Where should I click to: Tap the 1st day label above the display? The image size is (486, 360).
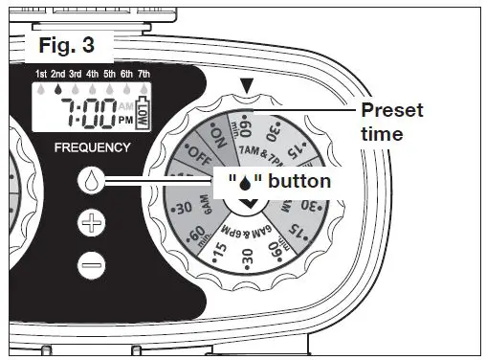pyautogui.click(x=42, y=75)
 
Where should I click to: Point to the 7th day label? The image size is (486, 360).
pyautogui.click(x=144, y=75)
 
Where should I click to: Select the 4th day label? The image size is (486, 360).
pyautogui.click(x=93, y=75)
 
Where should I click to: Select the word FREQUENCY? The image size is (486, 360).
pyautogui.click(x=93, y=148)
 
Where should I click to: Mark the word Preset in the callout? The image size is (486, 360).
pyautogui.click(x=392, y=111)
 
